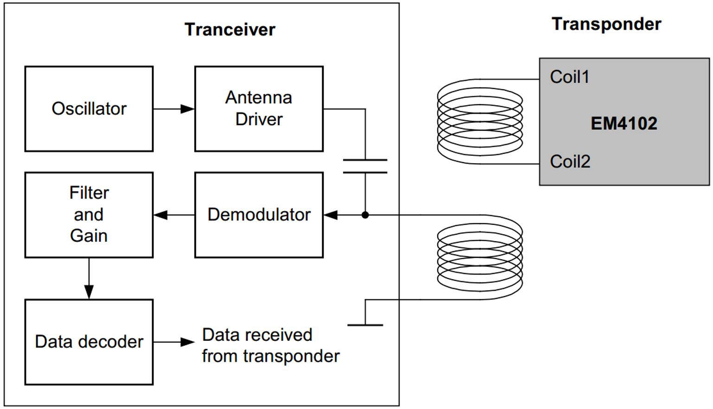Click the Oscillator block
click(x=89, y=109)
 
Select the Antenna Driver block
click(x=259, y=109)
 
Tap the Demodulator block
click(x=259, y=215)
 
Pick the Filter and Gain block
click(x=89, y=215)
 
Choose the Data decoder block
click(x=89, y=342)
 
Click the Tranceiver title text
click(x=230, y=30)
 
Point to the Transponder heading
click(x=606, y=24)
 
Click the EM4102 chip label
click(x=624, y=124)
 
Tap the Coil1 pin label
click(x=569, y=77)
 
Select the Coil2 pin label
click(x=570, y=162)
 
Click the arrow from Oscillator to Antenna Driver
click(x=174, y=109)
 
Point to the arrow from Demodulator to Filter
click(x=174, y=215)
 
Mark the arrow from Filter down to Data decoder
click(x=89, y=278)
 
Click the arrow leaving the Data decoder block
click(x=174, y=342)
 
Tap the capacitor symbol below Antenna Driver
click(x=365, y=166)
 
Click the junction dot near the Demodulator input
click(x=365, y=215)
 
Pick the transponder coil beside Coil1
click(x=480, y=121)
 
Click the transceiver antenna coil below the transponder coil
click(x=480, y=257)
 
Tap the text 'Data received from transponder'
click(x=270, y=345)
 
